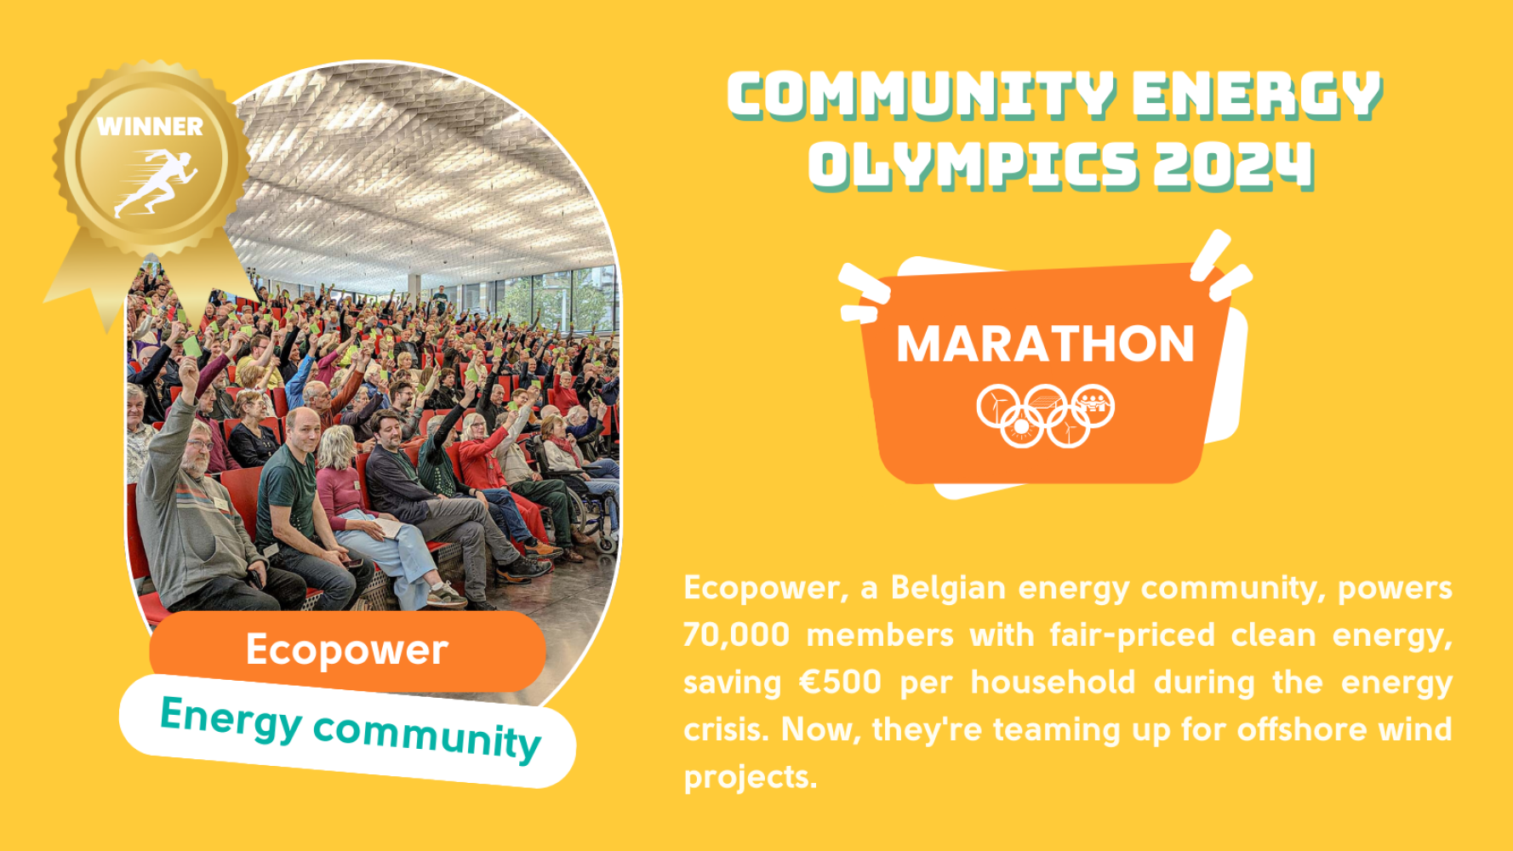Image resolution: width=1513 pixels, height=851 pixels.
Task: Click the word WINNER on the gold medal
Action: pyautogui.click(x=150, y=127)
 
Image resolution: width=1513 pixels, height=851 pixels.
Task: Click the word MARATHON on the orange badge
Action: pyautogui.click(x=1046, y=344)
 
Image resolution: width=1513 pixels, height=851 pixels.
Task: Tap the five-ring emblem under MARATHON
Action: pyautogui.click(x=1045, y=415)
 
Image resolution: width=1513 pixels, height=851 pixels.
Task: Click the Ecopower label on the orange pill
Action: pyautogui.click(x=346, y=650)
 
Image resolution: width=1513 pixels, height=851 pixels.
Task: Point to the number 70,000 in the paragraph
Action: pyautogui.click(x=737, y=635)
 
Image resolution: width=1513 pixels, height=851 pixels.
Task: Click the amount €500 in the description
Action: pyautogui.click(x=840, y=683)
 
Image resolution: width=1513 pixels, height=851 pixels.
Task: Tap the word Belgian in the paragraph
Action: pyautogui.click(x=948, y=588)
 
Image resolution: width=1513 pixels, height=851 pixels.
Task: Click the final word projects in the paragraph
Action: pyautogui.click(x=750, y=777)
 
